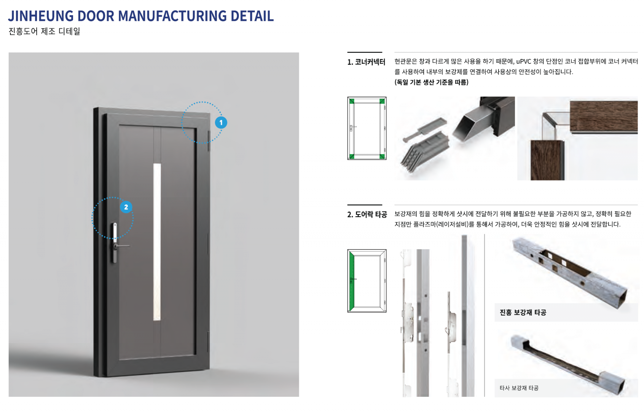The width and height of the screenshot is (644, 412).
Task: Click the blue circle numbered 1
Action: coord(221,123)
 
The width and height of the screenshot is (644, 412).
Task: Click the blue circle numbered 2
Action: coord(126,207)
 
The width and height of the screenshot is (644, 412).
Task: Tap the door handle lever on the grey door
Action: coord(122,246)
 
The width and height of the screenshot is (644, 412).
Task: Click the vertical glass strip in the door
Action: coord(157,242)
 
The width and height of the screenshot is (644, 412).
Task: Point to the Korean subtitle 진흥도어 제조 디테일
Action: coord(44,32)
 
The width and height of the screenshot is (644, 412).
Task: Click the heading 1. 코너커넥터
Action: coord(366,62)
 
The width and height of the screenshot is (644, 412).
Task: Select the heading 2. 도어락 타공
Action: coord(367,214)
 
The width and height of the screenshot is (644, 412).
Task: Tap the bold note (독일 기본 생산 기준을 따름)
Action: coord(431,82)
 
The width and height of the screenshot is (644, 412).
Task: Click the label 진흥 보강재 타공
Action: coord(523,313)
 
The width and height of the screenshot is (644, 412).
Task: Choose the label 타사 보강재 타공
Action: coord(519,388)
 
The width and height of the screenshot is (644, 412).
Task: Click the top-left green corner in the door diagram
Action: coord(352,101)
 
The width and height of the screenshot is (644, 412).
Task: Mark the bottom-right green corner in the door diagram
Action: coord(382,156)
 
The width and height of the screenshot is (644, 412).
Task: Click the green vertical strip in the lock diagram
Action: coord(352,281)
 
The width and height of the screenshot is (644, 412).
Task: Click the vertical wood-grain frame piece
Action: coord(547,160)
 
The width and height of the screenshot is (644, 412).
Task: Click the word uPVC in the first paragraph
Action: coord(524,61)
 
